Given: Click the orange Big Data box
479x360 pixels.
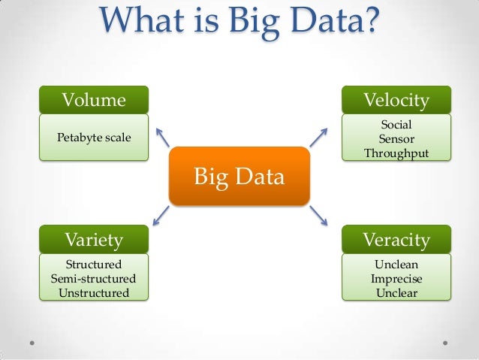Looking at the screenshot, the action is tap(239, 177).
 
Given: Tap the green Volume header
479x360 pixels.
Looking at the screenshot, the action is tap(94, 100).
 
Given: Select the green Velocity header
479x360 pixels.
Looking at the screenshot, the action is tap(396, 100).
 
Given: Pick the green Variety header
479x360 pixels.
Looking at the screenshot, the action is tap(94, 240).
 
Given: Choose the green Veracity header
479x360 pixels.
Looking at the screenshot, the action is tap(396, 240).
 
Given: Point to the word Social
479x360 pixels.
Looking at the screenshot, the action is tap(396, 124).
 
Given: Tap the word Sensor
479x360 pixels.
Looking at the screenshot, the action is tap(396, 138).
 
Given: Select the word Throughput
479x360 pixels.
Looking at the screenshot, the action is tap(396, 153).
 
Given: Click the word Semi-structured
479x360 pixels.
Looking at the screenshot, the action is tap(94, 278).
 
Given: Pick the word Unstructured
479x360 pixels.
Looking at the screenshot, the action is tap(94, 292).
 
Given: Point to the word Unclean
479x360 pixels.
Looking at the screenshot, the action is tap(396, 265).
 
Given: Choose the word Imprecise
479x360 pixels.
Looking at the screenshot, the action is tap(396, 278).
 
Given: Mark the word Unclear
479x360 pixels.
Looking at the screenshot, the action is tap(396, 292).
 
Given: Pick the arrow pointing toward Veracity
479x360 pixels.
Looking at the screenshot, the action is tap(318, 216).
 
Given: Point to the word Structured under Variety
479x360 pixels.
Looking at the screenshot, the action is tap(94, 265).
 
